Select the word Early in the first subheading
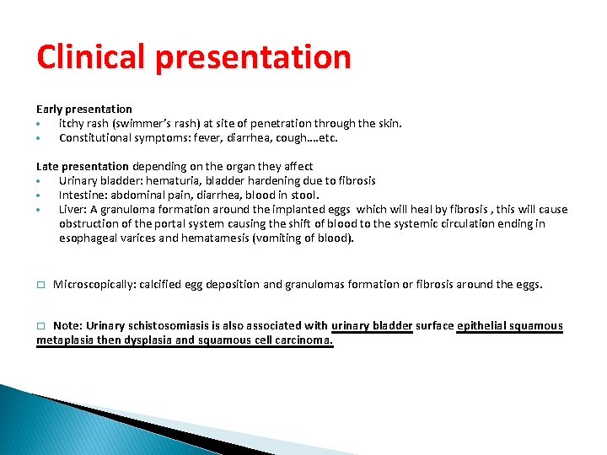click(50, 109)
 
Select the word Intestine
click(83, 195)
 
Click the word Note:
click(67, 326)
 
